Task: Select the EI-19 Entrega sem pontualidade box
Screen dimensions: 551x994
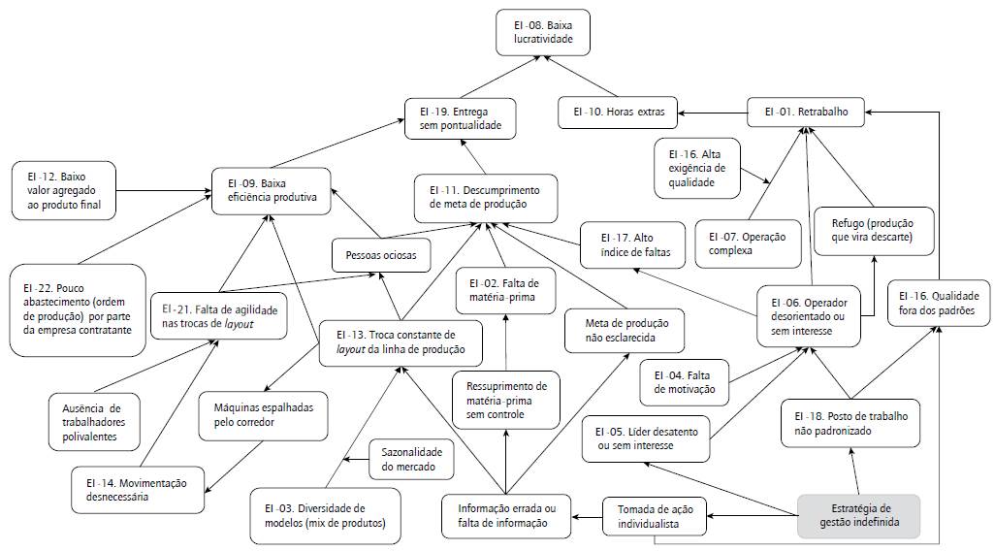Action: pyautogui.click(x=460, y=117)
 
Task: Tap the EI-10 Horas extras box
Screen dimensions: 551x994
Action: pyautogui.click(x=617, y=113)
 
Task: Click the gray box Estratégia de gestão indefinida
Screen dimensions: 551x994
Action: pyautogui.click(x=859, y=515)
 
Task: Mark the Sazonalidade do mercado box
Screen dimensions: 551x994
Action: pyautogui.click(x=411, y=459)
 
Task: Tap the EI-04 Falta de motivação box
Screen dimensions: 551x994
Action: pyautogui.click(x=685, y=381)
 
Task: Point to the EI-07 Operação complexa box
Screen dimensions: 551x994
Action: pyautogui.click(x=747, y=243)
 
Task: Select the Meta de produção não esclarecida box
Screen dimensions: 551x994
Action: pyautogui.click(x=625, y=330)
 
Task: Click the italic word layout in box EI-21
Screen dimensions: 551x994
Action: pyautogui.click(x=239, y=323)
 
